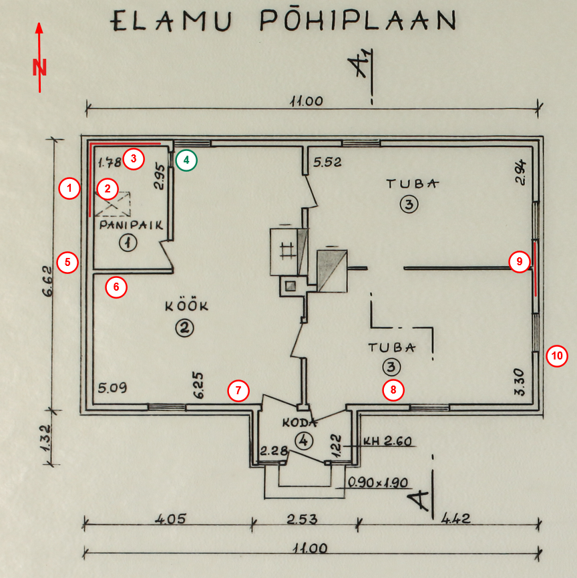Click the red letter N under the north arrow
[39, 67]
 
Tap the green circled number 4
[186, 160]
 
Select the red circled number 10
[556, 356]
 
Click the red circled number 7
[238, 390]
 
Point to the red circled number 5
[67, 262]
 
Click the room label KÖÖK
[187, 307]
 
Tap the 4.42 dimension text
[456, 519]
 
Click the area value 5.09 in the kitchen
[112, 388]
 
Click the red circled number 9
[519, 262]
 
